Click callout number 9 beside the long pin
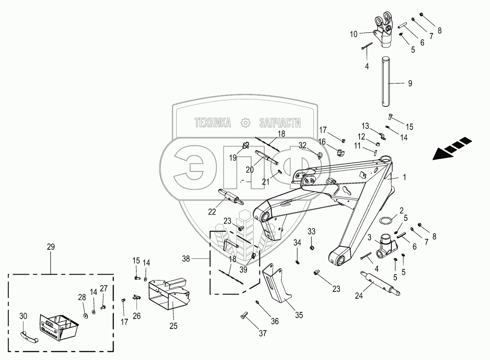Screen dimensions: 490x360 pos(410,83)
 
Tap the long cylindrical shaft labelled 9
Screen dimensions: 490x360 pos(387,82)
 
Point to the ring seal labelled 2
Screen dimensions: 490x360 pos(386,220)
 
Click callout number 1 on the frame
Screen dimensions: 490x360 pos(404,177)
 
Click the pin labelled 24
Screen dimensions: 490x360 pos(380,283)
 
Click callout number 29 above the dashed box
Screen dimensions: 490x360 pos(51,247)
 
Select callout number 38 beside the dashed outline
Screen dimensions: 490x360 pos(186,259)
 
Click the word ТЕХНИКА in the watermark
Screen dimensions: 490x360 pos(213,123)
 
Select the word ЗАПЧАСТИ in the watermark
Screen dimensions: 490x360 pos(280,123)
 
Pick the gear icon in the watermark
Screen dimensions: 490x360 pos(245,123)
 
